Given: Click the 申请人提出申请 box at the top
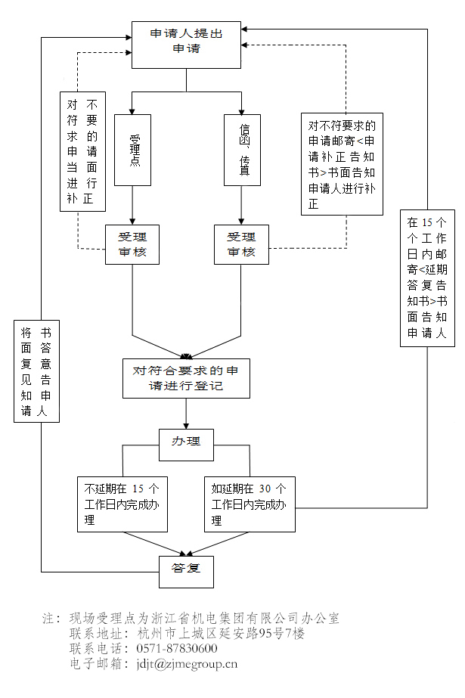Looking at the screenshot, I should point(187,41).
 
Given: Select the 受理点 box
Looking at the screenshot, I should point(133,150).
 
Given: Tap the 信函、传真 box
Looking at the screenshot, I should point(242,150).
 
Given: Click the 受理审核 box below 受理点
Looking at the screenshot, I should point(133,244).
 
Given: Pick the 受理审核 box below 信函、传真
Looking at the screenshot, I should point(241,244).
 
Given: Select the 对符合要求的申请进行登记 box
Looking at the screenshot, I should point(186,378).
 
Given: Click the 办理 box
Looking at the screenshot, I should point(186,444).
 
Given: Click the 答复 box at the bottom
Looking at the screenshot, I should point(186,571).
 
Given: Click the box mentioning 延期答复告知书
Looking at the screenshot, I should point(427,278).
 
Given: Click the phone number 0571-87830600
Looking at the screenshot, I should point(177,649).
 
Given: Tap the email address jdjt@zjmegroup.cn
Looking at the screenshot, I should point(187,664).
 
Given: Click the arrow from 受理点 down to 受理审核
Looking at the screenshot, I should point(133,205).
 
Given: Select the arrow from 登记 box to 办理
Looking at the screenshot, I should point(186,414).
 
